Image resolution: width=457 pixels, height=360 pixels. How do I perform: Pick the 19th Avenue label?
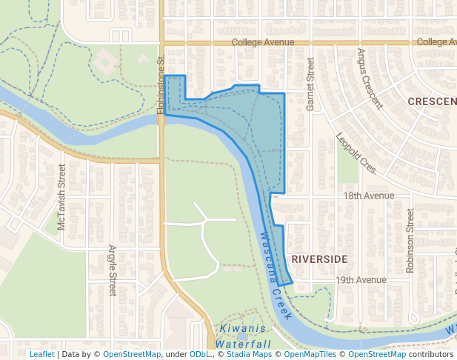(361, 280)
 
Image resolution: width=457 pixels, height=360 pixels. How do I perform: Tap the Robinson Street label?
(410, 240)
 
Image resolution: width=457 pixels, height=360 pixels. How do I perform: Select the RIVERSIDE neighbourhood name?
(319, 259)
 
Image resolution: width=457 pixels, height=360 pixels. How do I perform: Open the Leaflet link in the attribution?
(41, 355)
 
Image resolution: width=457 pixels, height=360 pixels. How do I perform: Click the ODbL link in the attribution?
(199, 355)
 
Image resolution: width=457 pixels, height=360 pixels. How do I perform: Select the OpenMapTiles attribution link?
(310, 355)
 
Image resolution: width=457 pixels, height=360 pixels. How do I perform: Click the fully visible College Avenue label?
(263, 43)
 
